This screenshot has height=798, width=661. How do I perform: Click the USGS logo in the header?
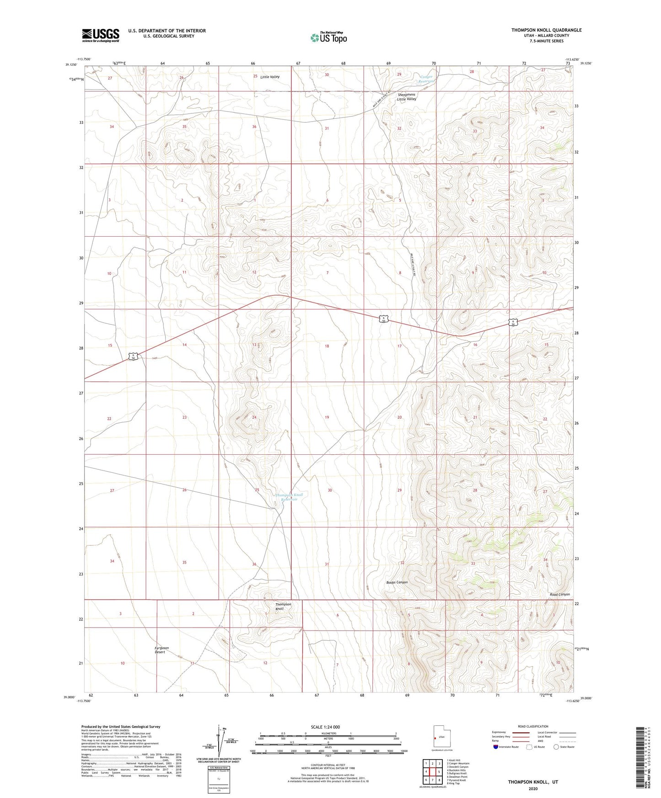(x=101, y=35)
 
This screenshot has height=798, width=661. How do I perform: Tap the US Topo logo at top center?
(x=328, y=37)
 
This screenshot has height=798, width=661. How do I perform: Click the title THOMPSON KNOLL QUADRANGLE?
(x=546, y=30)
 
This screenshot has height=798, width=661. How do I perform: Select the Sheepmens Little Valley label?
(x=406, y=96)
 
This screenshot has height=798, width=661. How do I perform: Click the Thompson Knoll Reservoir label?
(x=289, y=497)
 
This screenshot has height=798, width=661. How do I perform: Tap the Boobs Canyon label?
(x=397, y=582)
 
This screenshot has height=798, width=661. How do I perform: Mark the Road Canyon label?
(x=559, y=594)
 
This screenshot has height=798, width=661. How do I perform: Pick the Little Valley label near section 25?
(x=270, y=77)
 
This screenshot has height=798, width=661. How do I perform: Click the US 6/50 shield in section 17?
(x=385, y=319)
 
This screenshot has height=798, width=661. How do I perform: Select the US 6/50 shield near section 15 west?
(x=133, y=356)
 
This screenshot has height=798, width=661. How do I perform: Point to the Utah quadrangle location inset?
(x=441, y=738)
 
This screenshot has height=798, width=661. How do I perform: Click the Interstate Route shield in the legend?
(x=496, y=747)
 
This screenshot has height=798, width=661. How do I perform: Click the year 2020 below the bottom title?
(x=532, y=788)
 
